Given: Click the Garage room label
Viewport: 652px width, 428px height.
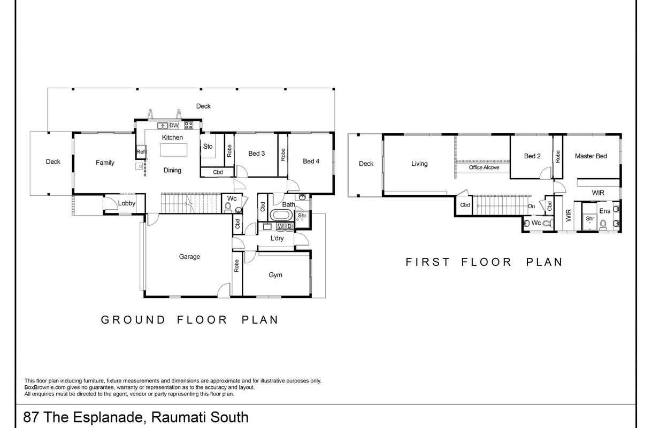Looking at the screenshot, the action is tap(189, 256).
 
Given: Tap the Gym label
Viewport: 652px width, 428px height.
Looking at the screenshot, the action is tap(275, 275).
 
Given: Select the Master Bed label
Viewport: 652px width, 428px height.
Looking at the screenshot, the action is tap(591, 156).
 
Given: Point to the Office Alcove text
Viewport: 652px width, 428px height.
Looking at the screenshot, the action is tap(484, 167).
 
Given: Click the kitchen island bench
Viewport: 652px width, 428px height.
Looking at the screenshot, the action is tap(173, 150).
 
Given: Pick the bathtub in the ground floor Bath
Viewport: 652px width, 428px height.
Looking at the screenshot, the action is tap(281, 216).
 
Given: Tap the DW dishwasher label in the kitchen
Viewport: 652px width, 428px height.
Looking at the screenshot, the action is tap(174, 126).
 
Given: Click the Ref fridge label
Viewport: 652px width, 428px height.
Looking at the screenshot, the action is tap(141, 152).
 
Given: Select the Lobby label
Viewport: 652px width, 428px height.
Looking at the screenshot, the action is tap(127, 203).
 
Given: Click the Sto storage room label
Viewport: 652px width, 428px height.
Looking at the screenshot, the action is tap(208, 147).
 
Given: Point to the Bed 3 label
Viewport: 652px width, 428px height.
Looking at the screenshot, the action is tap(256, 154).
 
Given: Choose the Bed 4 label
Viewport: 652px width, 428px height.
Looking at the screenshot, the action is tap(311, 161).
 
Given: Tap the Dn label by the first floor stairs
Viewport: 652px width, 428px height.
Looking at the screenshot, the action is tap(532, 206).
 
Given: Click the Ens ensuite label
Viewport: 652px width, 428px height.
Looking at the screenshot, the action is tap(605, 211).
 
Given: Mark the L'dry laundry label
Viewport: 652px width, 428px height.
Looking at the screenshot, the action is tap(277, 238).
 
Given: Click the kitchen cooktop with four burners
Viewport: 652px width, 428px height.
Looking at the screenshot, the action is tap(188, 126).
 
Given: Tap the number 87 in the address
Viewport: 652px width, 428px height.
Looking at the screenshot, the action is tap(31, 417).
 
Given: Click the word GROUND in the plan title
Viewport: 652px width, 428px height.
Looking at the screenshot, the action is tap(133, 320).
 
